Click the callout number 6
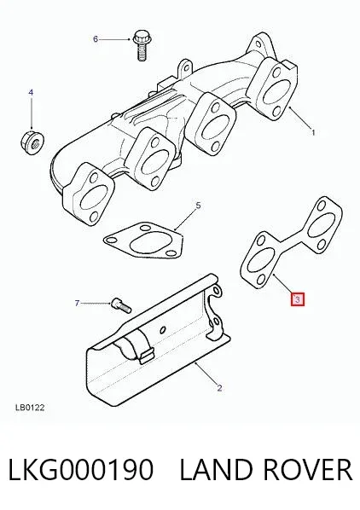pyautogui.click(x=96, y=39)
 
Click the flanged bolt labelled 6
pyautogui.click(x=142, y=45)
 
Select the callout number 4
pyautogui.click(x=31, y=93)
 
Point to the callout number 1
pyautogui.click(x=313, y=132)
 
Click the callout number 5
pyautogui.click(x=198, y=206)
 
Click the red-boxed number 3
pyautogui.click(x=298, y=299)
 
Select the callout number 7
pyautogui.click(x=77, y=303)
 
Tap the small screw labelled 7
pyautogui.click(x=121, y=305)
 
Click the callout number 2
pyautogui.click(x=219, y=388)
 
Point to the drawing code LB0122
pyautogui.click(x=30, y=407)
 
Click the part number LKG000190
pyautogui.click(x=80, y=469)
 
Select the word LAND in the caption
pyautogui.click(x=215, y=469)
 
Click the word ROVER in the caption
pyautogui.click(x=307, y=469)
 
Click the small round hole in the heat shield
pyautogui.click(x=162, y=329)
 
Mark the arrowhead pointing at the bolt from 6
pyautogui.click(x=128, y=39)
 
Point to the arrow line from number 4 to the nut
pyautogui.click(x=32, y=113)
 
